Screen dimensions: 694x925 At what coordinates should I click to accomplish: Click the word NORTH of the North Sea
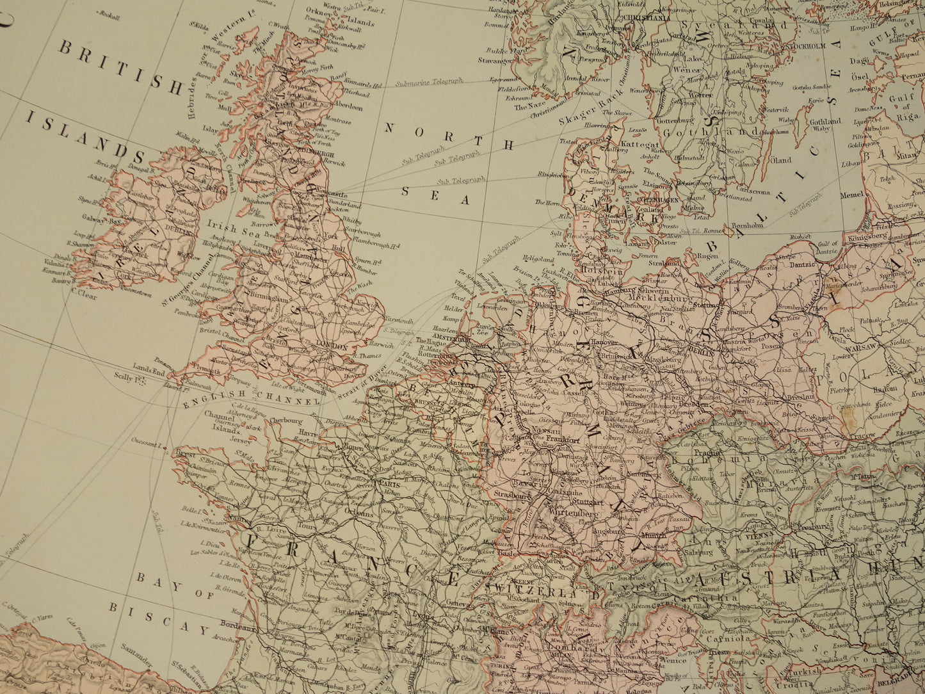click(449, 136)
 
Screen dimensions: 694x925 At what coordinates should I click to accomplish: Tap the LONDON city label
click(332, 347)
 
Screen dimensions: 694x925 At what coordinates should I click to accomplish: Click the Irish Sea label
click(222, 228)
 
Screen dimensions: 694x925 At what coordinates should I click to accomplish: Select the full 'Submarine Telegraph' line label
click(428, 81)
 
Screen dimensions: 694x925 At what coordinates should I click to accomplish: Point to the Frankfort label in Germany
click(563, 440)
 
